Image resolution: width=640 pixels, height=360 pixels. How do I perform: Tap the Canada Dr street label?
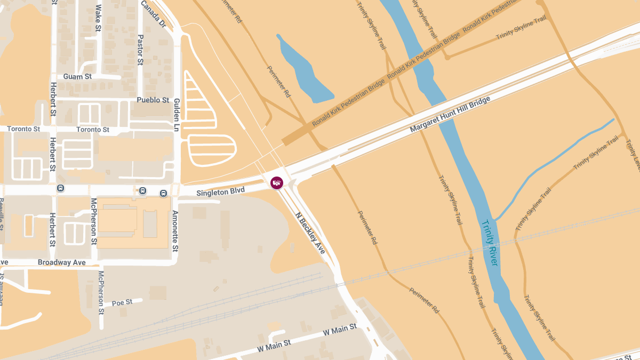[154, 14]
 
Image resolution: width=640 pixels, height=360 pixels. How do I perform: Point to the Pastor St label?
[140, 50]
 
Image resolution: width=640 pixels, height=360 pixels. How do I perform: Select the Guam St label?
[77, 77]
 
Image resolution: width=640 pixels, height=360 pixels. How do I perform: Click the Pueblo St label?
[153, 100]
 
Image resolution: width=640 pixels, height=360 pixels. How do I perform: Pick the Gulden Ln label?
[175, 115]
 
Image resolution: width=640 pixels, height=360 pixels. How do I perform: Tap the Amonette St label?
[175, 230]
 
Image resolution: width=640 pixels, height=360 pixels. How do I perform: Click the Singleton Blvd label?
[220, 191]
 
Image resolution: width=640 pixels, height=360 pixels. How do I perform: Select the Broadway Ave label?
[61, 262]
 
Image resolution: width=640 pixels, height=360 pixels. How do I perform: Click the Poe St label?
[122, 302]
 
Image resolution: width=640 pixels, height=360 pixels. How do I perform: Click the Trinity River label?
[490, 243]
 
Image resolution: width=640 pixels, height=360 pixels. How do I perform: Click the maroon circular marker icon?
[277, 183]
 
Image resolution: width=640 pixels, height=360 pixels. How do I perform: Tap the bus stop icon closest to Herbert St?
[61, 188]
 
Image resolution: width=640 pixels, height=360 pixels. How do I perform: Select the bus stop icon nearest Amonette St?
[163, 193]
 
